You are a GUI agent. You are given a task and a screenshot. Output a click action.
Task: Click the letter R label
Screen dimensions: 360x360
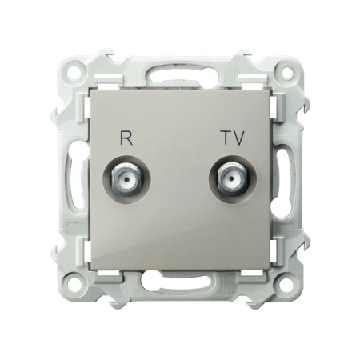126,138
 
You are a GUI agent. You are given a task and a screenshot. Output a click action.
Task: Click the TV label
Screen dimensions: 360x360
234,138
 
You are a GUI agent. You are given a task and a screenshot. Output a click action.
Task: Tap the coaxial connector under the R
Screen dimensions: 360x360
127,179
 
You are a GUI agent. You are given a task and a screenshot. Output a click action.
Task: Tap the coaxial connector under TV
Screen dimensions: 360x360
233,179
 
